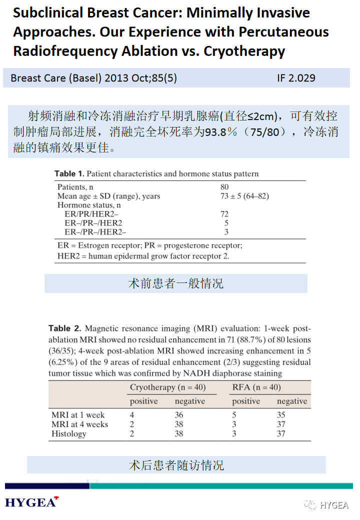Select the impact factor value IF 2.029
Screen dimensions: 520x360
pos(296,78)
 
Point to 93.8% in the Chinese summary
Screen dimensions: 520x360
pos(219,132)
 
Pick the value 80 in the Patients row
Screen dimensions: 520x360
pos(225,187)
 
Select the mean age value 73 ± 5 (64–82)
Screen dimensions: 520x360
pos(245,196)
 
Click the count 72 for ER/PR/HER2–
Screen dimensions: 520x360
pos(224,214)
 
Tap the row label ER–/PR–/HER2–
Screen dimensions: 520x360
pos(95,232)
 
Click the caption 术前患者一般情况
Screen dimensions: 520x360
pos(175,283)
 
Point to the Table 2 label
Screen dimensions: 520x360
pos(64,328)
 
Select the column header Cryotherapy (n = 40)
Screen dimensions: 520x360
pos(167,387)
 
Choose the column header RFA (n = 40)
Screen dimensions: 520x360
pos(256,387)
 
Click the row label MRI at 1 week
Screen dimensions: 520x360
pos(78,415)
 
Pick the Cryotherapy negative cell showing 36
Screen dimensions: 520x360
pos(179,415)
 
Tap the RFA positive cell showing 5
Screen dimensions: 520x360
pos(234,415)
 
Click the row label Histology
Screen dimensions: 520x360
pos(69,434)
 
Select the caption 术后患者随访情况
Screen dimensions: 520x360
pos(176,465)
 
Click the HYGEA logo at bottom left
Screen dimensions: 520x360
pos(31,502)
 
